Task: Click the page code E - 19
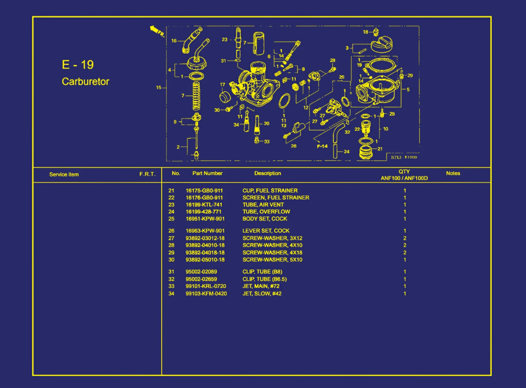78,65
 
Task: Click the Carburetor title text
85,82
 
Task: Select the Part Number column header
207,173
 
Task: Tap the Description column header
267,173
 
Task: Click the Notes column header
453,173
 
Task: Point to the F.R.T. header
147,174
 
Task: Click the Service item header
64,175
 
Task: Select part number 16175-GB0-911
204,190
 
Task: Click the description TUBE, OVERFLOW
266,212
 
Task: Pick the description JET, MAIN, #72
261,286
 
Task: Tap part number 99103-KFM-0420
206,294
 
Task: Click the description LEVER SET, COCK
266,231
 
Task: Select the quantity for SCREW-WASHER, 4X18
405,252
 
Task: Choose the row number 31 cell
171,272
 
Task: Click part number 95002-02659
201,279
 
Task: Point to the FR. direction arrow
155,30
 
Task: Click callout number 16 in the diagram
174,41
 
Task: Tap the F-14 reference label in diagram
322,146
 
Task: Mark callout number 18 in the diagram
366,32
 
